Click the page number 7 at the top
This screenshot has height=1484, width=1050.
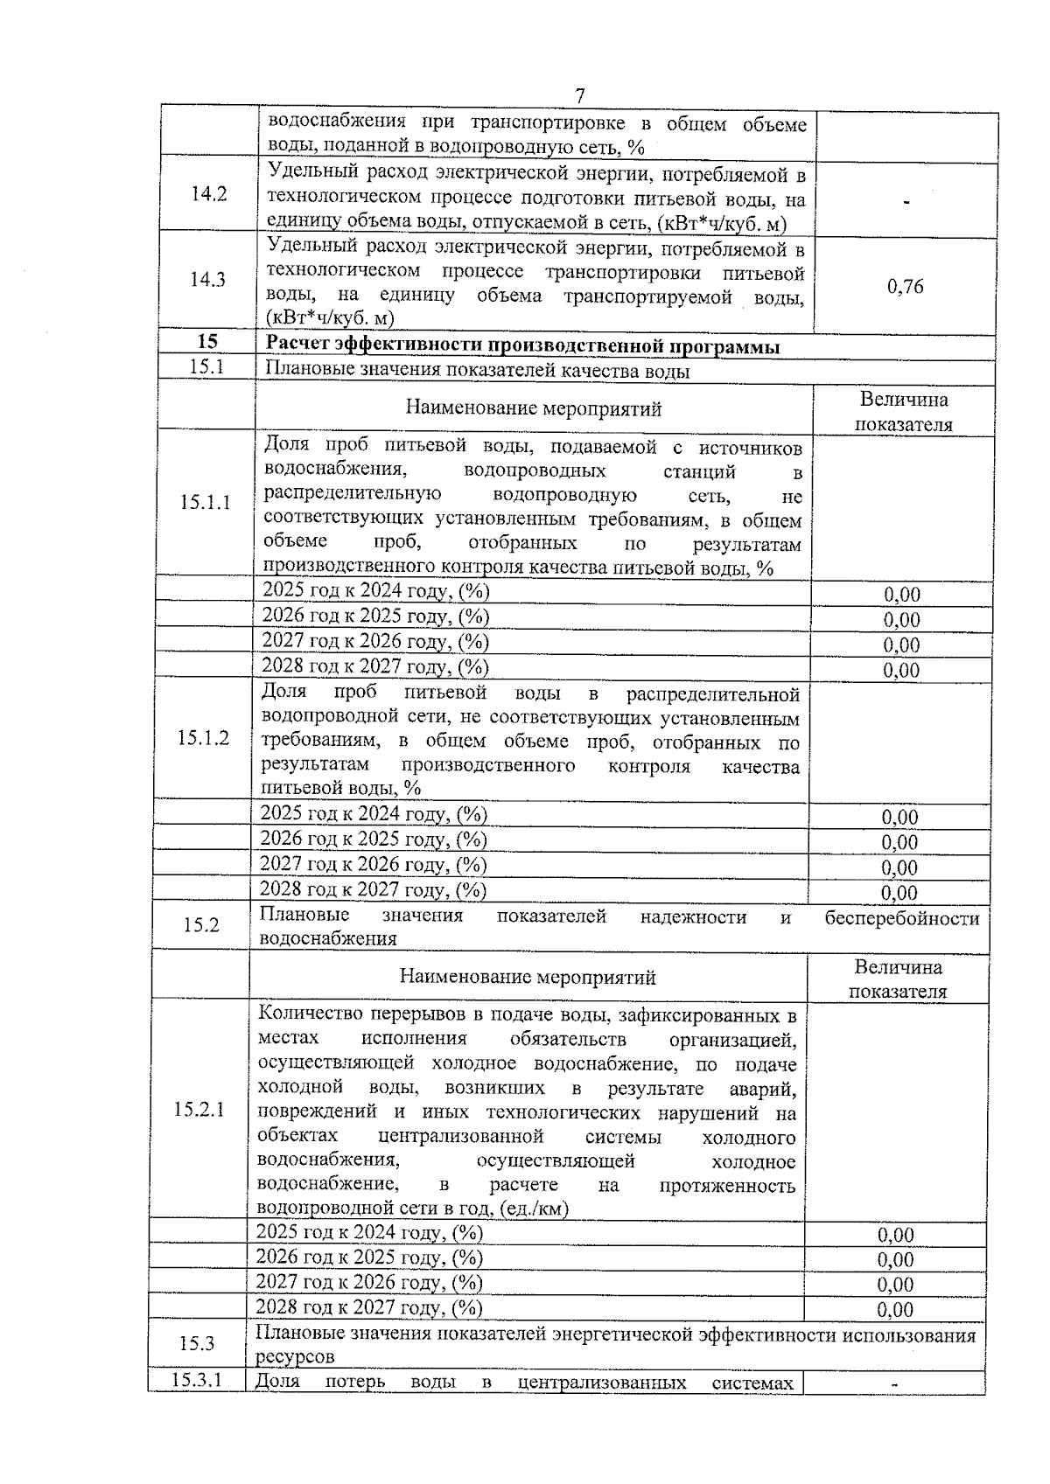pos(579,95)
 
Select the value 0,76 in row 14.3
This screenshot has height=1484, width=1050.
pos(905,287)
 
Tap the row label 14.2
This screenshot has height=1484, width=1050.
pos(208,194)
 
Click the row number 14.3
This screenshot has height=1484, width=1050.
pos(208,280)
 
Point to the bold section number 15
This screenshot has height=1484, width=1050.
pos(207,342)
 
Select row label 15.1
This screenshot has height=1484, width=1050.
pos(207,366)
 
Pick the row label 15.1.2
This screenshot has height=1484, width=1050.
pos(203,738)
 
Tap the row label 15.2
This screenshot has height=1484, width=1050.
pos(201,924)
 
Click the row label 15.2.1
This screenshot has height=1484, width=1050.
pos(199,1110)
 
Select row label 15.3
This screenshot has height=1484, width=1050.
pos(197,1344)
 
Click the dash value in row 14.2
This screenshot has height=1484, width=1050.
pos(906,202)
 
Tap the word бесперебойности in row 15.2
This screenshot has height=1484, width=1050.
pos(901,917)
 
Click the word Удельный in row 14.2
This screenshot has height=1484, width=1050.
pos(306,171)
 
